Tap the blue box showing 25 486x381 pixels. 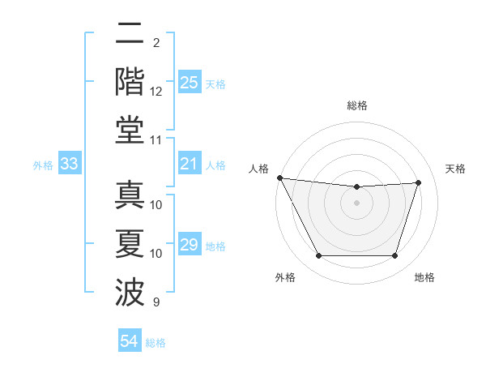coord(190,83)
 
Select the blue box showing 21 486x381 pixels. coord(190,165)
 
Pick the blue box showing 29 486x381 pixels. coord(190,245)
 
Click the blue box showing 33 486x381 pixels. coord(69,165)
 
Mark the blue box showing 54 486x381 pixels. coord(130,341)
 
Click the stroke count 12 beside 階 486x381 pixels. coord(156,92)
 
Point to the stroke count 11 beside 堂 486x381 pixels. coord(156,140)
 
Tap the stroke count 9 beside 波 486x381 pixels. coord(156,302)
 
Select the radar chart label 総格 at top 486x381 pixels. coord(356,106)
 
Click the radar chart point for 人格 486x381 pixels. coord(279,178)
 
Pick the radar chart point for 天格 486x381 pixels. coord(418,182)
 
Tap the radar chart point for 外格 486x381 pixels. coord(318,256)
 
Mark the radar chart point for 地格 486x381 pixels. coord(394,256)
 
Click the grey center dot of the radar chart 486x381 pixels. coord(356,203)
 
